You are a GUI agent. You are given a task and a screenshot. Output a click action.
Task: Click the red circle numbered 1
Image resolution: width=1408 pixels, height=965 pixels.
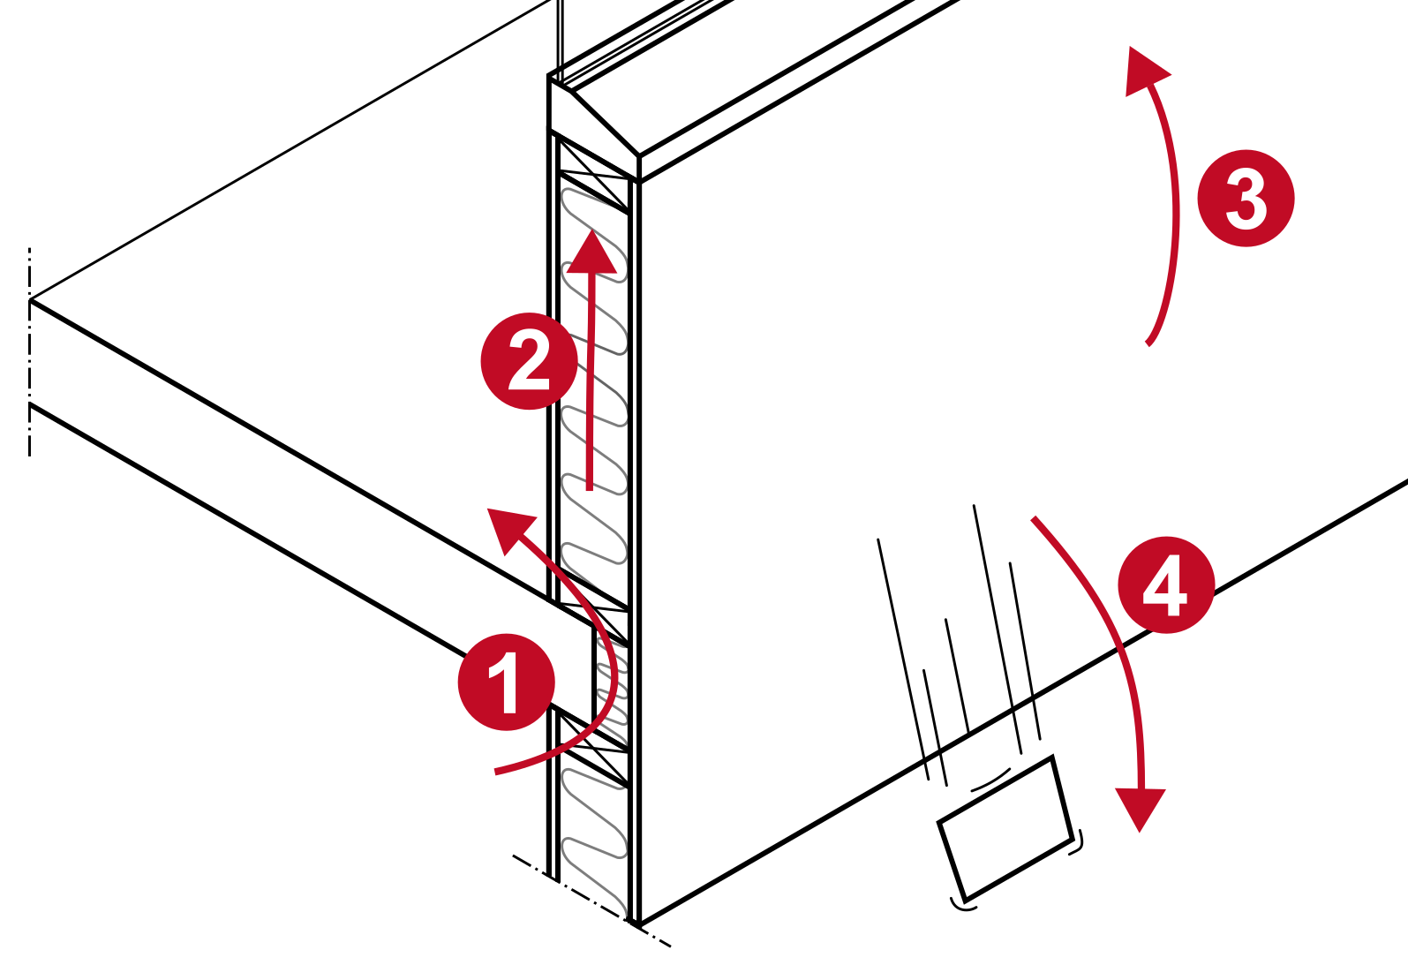tap(507, 682)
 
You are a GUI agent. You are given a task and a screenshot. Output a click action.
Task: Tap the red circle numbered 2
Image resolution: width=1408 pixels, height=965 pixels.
tap(530, 361)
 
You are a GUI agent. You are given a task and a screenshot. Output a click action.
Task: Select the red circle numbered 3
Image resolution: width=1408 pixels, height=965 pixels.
tap(1246, 198)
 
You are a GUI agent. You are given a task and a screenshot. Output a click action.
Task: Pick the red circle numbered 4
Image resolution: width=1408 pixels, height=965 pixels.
tap(1167, 584)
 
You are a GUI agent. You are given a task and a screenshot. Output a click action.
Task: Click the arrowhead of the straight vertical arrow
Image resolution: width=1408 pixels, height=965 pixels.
tap(591, 252)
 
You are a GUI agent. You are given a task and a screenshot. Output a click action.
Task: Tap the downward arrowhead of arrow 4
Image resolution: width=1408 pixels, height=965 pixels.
tap(1141, 810)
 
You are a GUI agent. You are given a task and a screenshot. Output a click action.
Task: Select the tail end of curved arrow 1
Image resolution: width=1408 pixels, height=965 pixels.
tap(496, 772)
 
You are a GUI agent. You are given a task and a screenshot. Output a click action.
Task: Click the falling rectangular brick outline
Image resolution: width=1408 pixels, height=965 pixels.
tap(1005, 828)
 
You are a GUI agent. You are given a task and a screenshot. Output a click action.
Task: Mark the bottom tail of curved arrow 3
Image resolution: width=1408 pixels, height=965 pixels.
tap(1148, 343)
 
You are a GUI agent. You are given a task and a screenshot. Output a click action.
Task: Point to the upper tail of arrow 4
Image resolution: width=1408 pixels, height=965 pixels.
tap(1034, 518)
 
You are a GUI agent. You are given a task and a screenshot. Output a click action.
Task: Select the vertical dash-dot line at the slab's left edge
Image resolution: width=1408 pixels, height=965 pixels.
tap(29, 352)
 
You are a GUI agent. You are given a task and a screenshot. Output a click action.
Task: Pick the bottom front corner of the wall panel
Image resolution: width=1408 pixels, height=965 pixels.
tap(639, 924)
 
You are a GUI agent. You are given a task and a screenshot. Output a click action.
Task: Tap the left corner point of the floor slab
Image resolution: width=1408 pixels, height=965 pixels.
tap(30, 300)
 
